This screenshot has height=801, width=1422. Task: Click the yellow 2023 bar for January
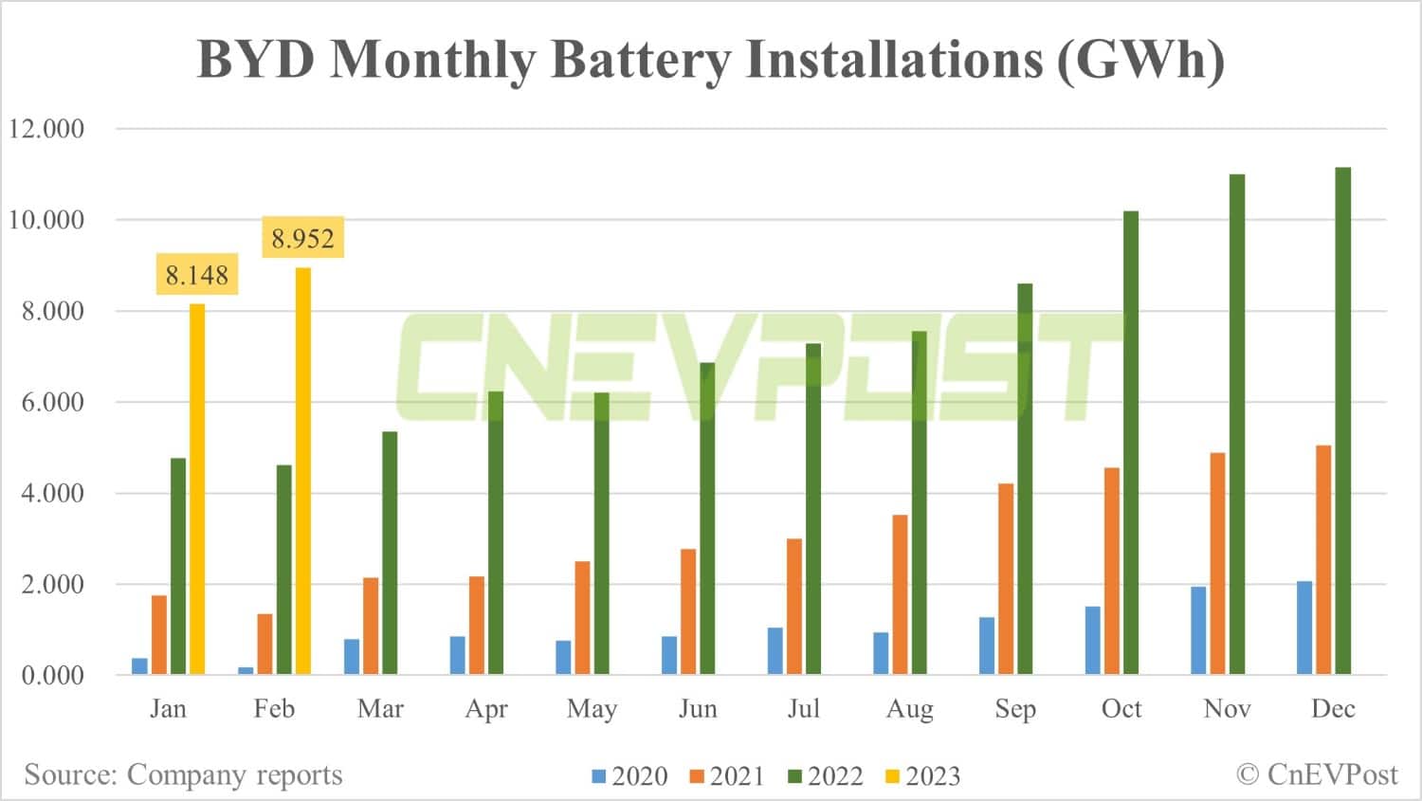(x=197, y=489)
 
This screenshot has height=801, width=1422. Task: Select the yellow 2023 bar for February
(x=303, y=471)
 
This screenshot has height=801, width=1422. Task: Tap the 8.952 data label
(x=302, y=238)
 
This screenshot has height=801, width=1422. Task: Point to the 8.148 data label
(x=197, y=275)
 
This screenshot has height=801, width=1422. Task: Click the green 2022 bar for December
(x=1342, y=421)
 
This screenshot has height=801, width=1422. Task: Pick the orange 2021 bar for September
(x=1006, y=579)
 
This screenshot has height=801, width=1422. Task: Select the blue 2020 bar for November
(x=1198, y=630)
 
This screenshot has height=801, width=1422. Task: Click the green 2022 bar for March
(x=390, y=553)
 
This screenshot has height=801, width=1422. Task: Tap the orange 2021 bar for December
(x=1323, y=559)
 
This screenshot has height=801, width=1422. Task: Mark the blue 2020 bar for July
(x=775, y=651)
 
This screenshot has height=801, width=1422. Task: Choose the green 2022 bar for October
(x=1131, y=443)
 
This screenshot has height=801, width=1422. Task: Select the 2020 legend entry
(x=630, y=776)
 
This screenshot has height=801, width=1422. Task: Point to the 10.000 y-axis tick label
(x=46, y=220)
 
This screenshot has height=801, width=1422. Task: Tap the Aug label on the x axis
(x=909, y=709)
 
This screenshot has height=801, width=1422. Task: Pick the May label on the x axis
(x=592, y=709)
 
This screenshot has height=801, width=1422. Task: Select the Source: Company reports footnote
(x=183, y=774)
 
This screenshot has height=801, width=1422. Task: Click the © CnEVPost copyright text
(x=1317, y=774)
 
